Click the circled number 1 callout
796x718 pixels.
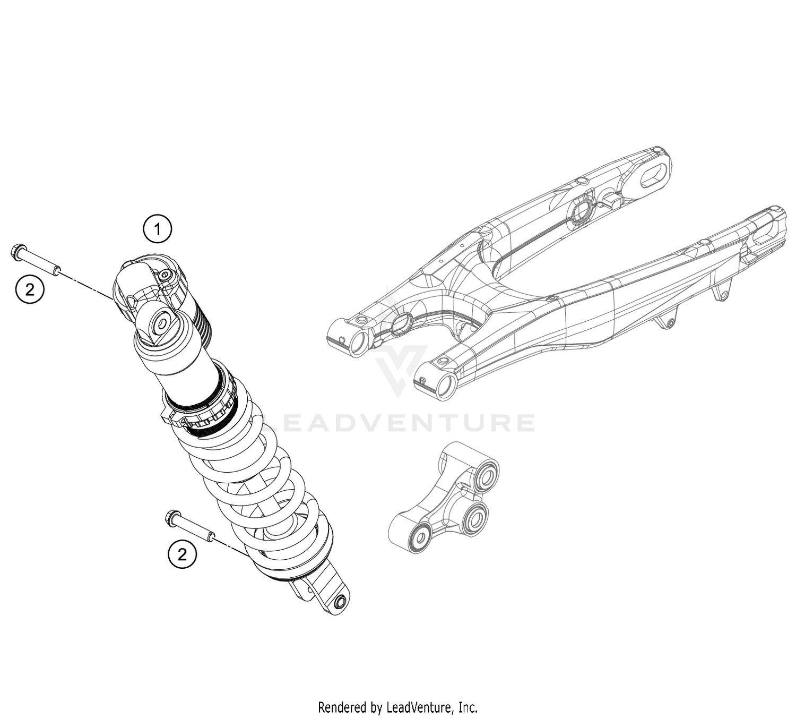click(157, 229)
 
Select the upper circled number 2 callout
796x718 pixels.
click(30, 289)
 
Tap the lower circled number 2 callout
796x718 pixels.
click(182, 554)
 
